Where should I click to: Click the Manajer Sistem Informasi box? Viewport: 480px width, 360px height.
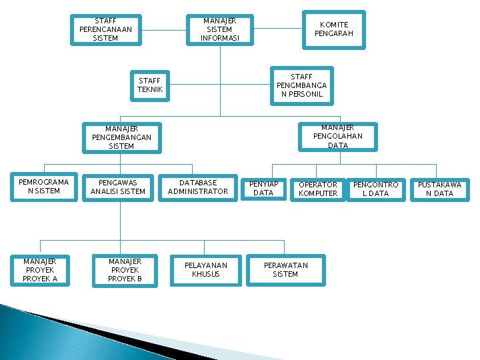click(x=219, y=30)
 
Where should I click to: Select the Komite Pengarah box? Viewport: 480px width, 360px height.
click(x=333, y=29)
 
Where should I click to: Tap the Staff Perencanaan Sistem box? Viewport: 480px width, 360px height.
click(x=106, y=29)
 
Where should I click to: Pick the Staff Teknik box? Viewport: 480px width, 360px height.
click(x=150, y=85)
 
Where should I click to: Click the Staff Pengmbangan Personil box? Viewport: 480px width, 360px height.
click(x=301, y=85)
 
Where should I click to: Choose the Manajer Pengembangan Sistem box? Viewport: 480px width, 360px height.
click(x=121, y=137)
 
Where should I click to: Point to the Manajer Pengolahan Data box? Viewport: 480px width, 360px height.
click(x=338, y=136)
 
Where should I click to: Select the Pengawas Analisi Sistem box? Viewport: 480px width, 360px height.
click(x=121, y=187)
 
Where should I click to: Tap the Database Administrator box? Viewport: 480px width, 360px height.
click(x=198, y=187)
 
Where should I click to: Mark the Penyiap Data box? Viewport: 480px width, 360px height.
click(x=263, y=189)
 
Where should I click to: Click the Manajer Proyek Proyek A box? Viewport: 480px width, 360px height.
click(x=40, y=270)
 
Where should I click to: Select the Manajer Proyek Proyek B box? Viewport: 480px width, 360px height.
click(x=125, y=270)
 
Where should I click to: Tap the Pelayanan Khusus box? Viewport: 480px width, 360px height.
click(x=205, y=270)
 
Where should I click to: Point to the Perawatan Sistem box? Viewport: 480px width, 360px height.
click(x=285, y=270)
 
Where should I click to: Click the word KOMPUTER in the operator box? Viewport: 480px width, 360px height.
click(x=318, y=194)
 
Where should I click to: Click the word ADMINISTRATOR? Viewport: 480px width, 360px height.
click(x=198, y=192)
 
